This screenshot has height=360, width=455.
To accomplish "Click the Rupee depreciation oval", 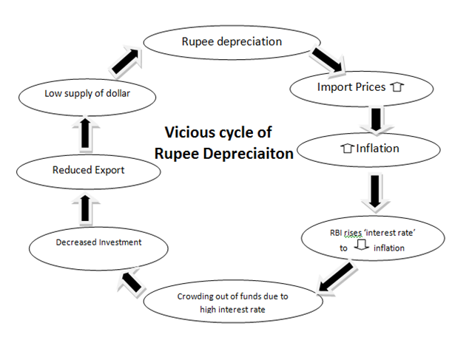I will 232,42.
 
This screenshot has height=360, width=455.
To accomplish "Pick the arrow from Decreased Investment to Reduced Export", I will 86,207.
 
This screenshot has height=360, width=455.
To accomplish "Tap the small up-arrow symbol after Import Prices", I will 397,87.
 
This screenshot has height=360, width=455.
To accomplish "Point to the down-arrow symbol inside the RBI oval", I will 362,247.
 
